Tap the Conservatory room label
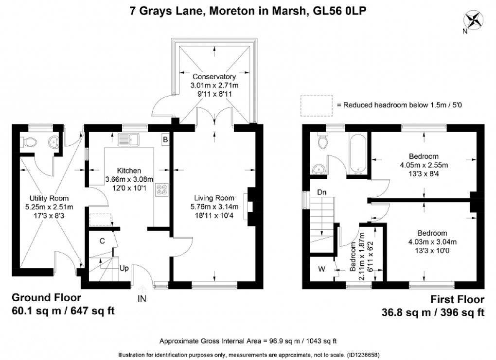pyautogui.click(x=214, y=77)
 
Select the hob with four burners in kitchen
pyautogui.click(x=160, y=190)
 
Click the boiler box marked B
pyautogui.click(x=165, y=140)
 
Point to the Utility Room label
pyautogui.click(x=49, y=198)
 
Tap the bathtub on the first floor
pyautogui.click(x=359, y=154)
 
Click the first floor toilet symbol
pyautogui.click(x=321, y=141)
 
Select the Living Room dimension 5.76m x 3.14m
pyautogui.click(x=214, y=206)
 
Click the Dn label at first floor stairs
pyautogui.click(x=321, y=192)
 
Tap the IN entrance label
pyautogui.click(x=142, y=299)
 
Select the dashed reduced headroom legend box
pyautogui.click(x=315, y=105)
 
